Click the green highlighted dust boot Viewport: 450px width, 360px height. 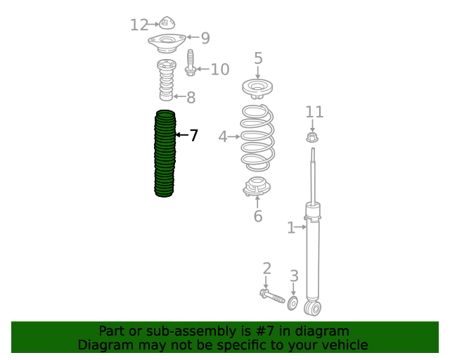click(165, 153)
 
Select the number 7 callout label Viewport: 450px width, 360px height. click(194, 135)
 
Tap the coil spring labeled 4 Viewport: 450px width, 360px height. click(257, 138)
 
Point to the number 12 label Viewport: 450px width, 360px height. click(139, 25)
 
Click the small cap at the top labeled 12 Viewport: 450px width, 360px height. click(167, 23)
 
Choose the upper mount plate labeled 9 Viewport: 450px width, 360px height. click(167, 43)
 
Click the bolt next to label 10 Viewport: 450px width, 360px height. click(191, 63)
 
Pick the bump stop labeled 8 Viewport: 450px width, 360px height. click(167, 80)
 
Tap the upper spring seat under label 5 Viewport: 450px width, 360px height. click(257, 89)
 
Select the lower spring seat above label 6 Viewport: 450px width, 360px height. click(257, 186)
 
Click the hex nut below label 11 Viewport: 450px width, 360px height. click(312, 137)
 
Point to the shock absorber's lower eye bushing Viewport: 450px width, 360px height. click(312, 309)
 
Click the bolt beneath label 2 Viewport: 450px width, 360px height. click(272, 297)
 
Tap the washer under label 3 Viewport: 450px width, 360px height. click(292, 304)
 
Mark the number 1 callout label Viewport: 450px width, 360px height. click(291, 228)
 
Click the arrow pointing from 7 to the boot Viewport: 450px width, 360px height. click(182, 134)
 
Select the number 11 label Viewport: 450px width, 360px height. click(314, 112)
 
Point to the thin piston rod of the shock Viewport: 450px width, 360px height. click(313, 176)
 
